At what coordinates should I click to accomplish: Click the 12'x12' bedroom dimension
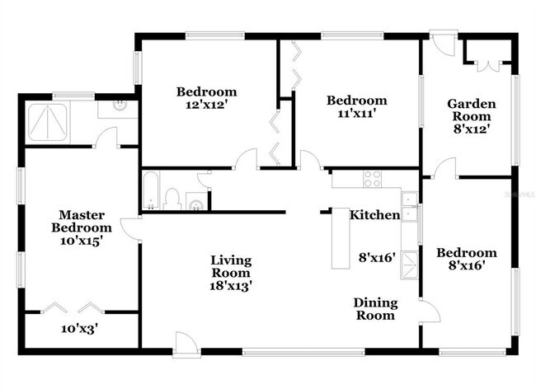[x=206, y=105]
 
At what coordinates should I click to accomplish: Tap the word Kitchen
[x=375, y=215]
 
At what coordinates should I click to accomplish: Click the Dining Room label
[x=374, y=309]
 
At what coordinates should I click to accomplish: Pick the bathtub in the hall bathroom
[x=153, y=192]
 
